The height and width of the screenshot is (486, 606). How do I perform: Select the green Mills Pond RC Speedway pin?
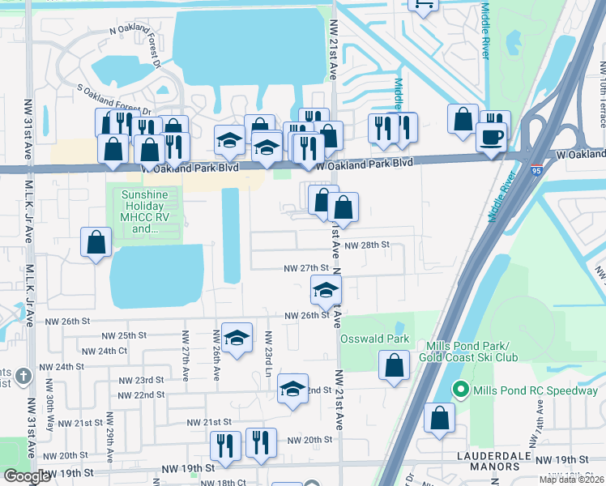click(x=461, y=390)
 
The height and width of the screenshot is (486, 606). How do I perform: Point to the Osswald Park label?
click(x=374, y=338)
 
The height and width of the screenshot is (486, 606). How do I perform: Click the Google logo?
click(x=26, y=476)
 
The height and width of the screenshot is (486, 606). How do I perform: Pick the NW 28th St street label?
click(x=367, y=245)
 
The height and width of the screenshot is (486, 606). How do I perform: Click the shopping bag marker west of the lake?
click(x=96, y=241)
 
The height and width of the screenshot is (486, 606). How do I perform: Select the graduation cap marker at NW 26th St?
click(x=326, y=290)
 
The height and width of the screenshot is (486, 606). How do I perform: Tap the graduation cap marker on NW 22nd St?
click(x=292, y=388)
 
